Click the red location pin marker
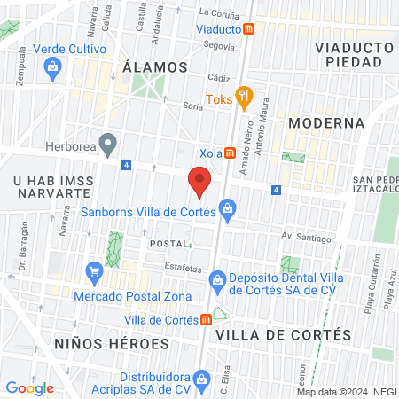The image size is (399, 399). (200, 182)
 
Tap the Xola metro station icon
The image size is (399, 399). (231, 153)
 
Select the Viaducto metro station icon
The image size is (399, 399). (250, 28)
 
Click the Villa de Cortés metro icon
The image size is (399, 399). (206, 320)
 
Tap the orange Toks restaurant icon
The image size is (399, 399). (244, 98)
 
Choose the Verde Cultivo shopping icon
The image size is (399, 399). (53, 65)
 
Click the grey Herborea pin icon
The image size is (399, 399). (108, 142)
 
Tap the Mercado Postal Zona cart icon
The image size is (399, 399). (93, 270)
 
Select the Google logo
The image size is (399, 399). (29, 387)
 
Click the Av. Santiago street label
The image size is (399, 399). (306, 238)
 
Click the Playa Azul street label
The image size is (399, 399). (389, 293)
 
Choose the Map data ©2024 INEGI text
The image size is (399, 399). (346, 392)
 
